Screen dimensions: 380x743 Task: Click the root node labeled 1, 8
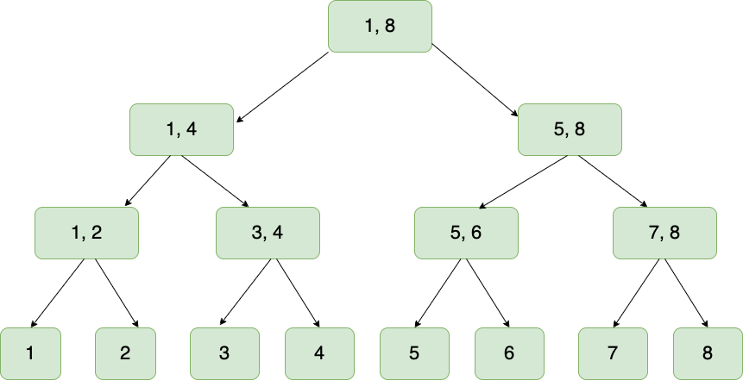(x=380, y=27)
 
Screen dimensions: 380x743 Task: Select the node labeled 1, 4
(x=181, y=130)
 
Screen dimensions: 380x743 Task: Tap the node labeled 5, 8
(x=570, y=130)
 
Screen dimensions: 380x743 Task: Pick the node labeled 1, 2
(x=86, y=234)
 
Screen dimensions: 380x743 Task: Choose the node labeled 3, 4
(x=268, y=234)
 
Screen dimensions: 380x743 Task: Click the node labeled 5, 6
(x=466, y=234)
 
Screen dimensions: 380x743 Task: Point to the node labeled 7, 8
(x=664, y=234)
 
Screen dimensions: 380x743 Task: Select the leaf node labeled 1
(x=30, y=353)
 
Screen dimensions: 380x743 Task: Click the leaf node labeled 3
(x=224, y=353)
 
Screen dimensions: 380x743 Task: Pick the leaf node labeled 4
(x=319, y=353)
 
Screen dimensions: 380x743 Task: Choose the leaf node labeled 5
(x=414, y=353)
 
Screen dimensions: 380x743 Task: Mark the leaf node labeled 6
(x=509, y=353)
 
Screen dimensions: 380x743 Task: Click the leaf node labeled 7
(x=613, y=353)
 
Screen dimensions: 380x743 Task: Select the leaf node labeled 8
(x=708, y=353)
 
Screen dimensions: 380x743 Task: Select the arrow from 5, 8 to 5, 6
(x=523, y=182)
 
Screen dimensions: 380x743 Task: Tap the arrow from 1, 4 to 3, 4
(x=216, y=182)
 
